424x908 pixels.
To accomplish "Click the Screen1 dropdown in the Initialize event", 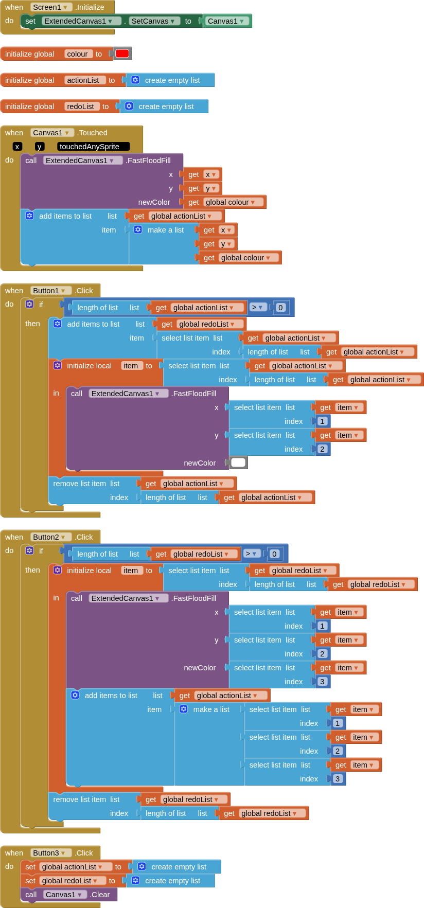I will [x=51, y=7].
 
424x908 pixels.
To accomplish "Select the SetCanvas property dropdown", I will [x=153, y=21].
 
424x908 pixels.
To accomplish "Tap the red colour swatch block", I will [x=122, y=54].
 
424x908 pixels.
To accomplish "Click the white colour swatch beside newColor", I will [x=238, y=462].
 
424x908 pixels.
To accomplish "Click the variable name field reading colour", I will [x=78, y=54].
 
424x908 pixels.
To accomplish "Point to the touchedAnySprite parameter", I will [x=93, y=147].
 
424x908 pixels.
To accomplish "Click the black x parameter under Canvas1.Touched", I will [x=17, y=147].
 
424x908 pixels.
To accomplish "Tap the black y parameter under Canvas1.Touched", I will [x=39, y=147].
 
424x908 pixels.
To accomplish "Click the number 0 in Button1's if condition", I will [x=280, y=308].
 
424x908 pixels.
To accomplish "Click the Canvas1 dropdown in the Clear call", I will [x=65, y=895].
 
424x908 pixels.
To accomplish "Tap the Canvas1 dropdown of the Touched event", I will [x=52, y=133].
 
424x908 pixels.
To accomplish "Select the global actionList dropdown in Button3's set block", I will [x=73, y=867].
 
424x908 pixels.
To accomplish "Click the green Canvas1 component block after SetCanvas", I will [x=226, y=21].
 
